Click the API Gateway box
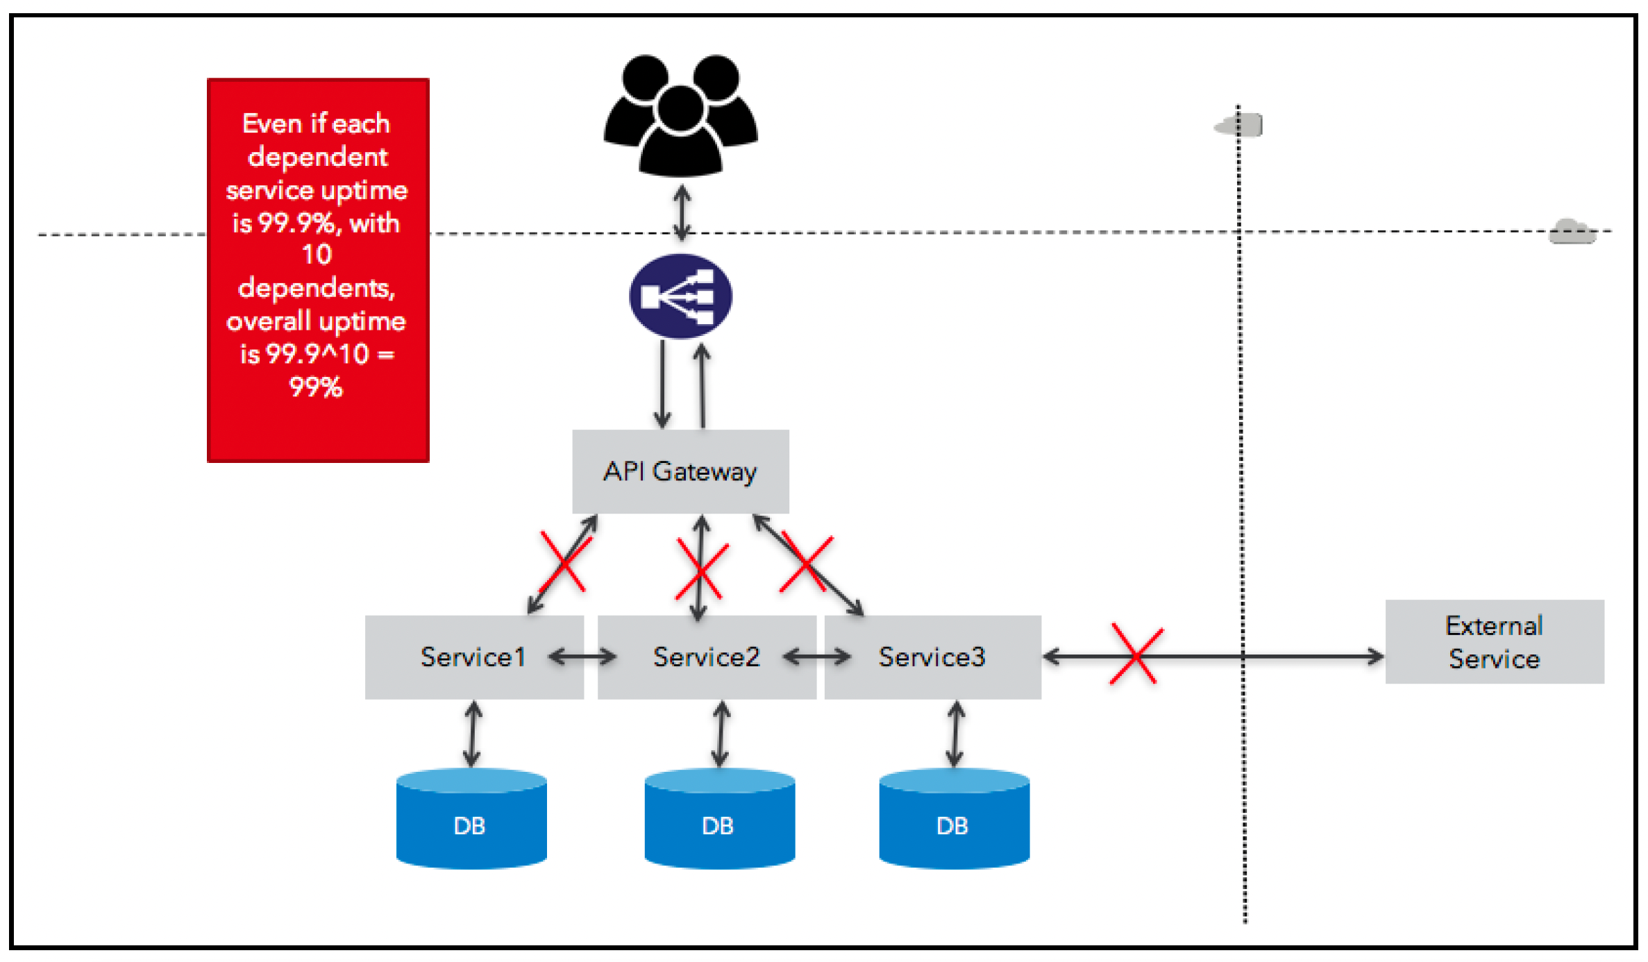click(x=680, y=471)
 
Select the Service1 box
click(x=474, y=657)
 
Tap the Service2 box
click(x=707, y=657)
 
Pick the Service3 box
click(x=932, y=657)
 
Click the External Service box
click(x=1495, y=642)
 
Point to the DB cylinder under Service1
click(x=471, y=818)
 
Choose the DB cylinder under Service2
click(x=720, y=818)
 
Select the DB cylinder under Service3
click(x=954, y=818)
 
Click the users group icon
click(x=680, y=115)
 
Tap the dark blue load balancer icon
click(x=680, y=296)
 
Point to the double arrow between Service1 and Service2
click(x=582, y=657)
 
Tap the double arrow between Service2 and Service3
click(x=817, y=657)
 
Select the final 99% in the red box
click(x=316, y=387)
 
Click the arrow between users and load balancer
click(x=682, y=213)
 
